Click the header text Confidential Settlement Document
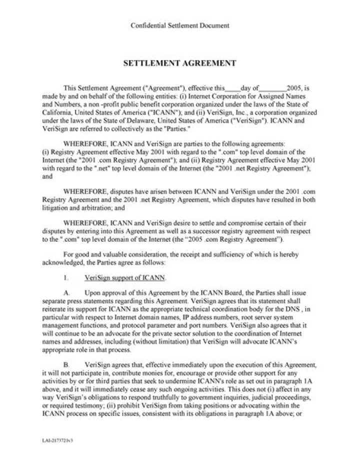pos(179,25)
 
